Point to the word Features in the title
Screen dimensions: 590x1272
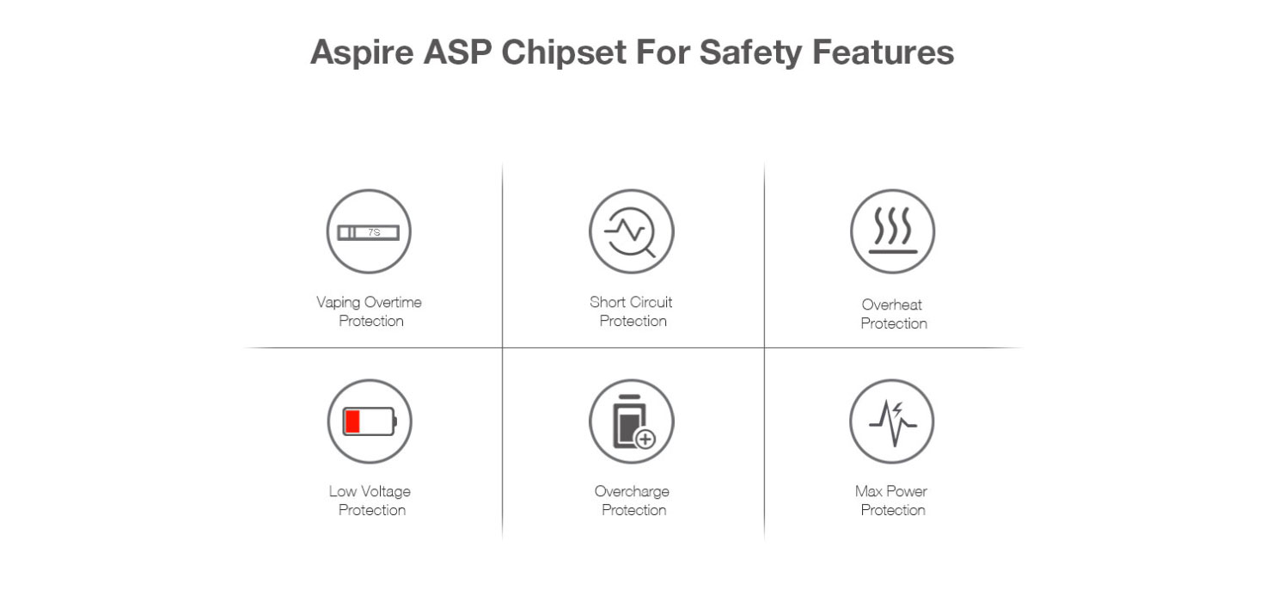tap(883, 52)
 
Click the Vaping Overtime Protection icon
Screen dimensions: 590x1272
tap(369, 231)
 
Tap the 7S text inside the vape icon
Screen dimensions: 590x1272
tap(374, 232)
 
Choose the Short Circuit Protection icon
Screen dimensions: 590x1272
tap(631, 231)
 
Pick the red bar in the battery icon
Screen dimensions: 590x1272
tap(352, 421)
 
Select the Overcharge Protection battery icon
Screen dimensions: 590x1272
tap(631, 421)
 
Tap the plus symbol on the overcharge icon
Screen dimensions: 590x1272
tap(645, 439)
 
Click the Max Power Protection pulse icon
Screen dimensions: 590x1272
tap(892, 421)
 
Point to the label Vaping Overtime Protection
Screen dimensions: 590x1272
tap(370, 311)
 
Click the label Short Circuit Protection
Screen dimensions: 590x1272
tap(632, 311)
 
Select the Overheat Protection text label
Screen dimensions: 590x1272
tap(893, 314)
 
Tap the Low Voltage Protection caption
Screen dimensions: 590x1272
tap(370, 501)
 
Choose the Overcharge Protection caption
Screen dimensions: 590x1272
tap(633, 501)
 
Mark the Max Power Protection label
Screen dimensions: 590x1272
tap(892, 501)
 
